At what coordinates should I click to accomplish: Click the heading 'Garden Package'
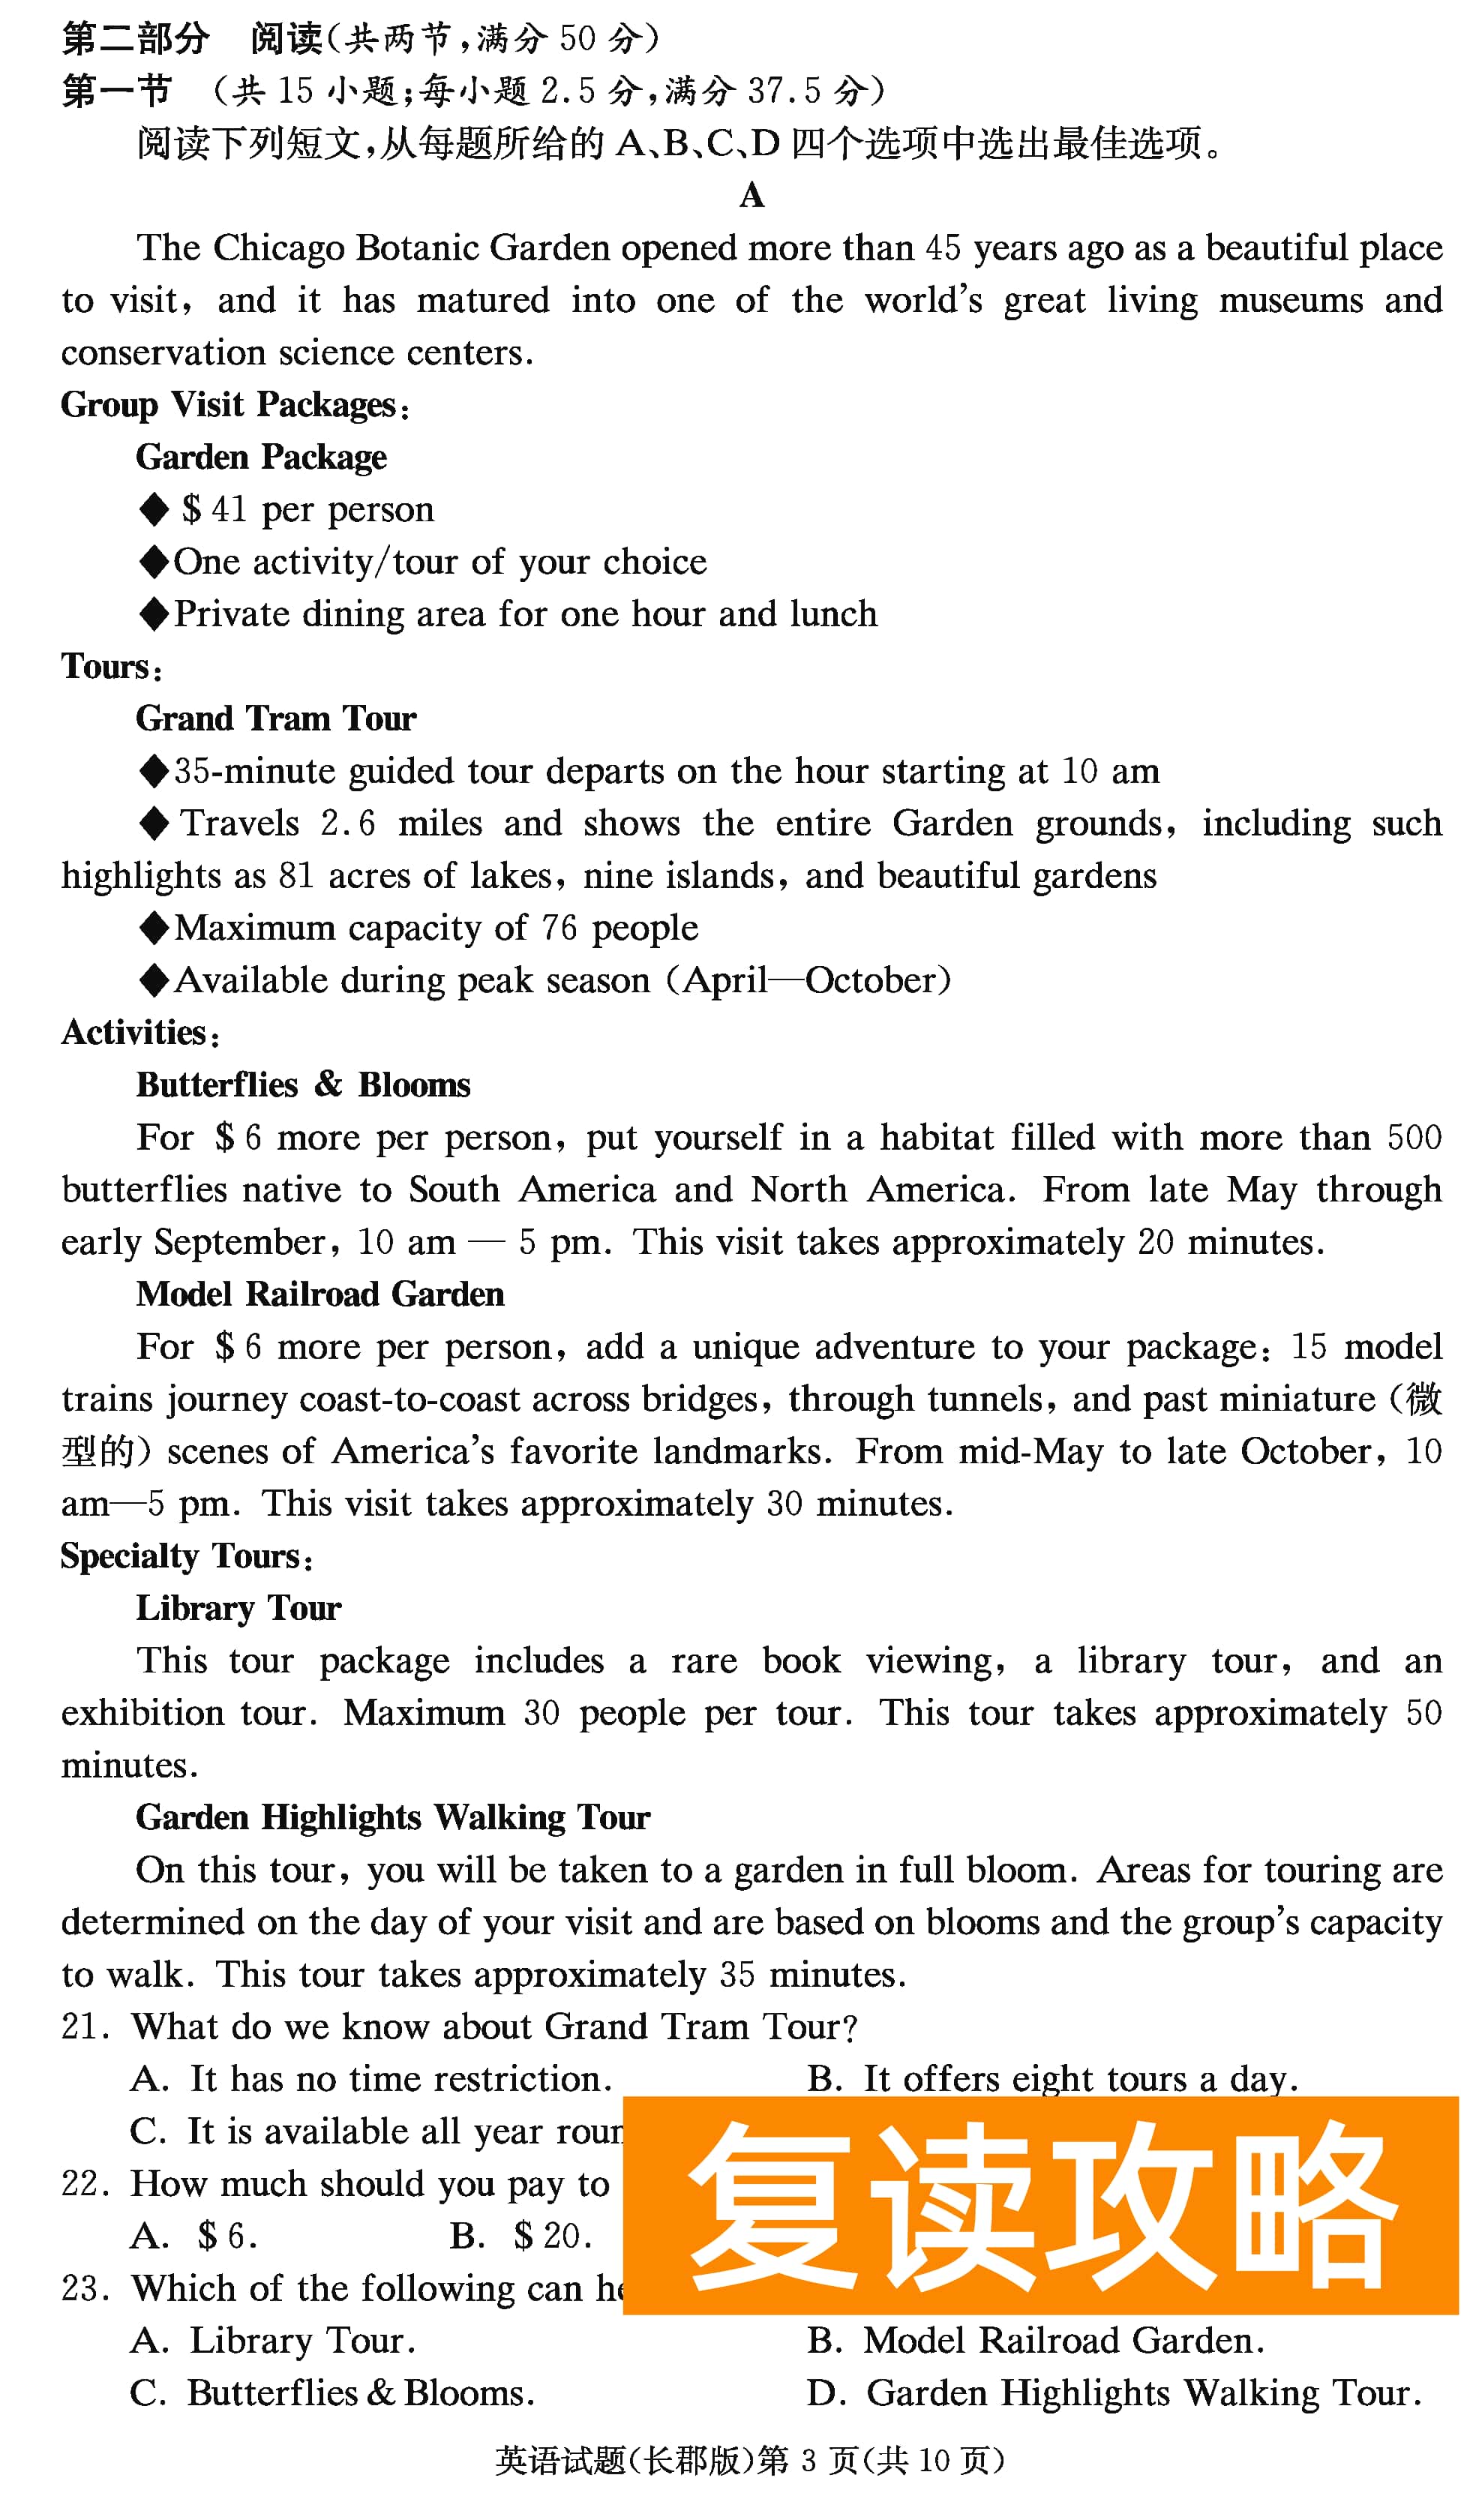point(261,457)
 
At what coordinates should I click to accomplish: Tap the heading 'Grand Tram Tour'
point(276,718)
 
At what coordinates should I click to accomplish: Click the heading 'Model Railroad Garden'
point(319,1294)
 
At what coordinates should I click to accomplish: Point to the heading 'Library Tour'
point(238,1608)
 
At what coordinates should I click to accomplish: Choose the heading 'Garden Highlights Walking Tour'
point(392,1818)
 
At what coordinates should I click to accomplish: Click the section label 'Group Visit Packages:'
point(235,405)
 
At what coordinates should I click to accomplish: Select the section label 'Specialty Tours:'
point(187,1556)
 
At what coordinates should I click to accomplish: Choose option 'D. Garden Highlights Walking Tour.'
point(1114,2393)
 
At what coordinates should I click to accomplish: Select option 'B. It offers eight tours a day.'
point(1052,2080)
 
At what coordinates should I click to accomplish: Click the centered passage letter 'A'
point(751,195)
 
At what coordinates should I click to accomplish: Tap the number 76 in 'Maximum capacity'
point(559,928)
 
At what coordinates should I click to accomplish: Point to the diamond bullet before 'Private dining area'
point(154,614)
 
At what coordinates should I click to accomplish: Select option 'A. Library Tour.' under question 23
point(273,2341)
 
